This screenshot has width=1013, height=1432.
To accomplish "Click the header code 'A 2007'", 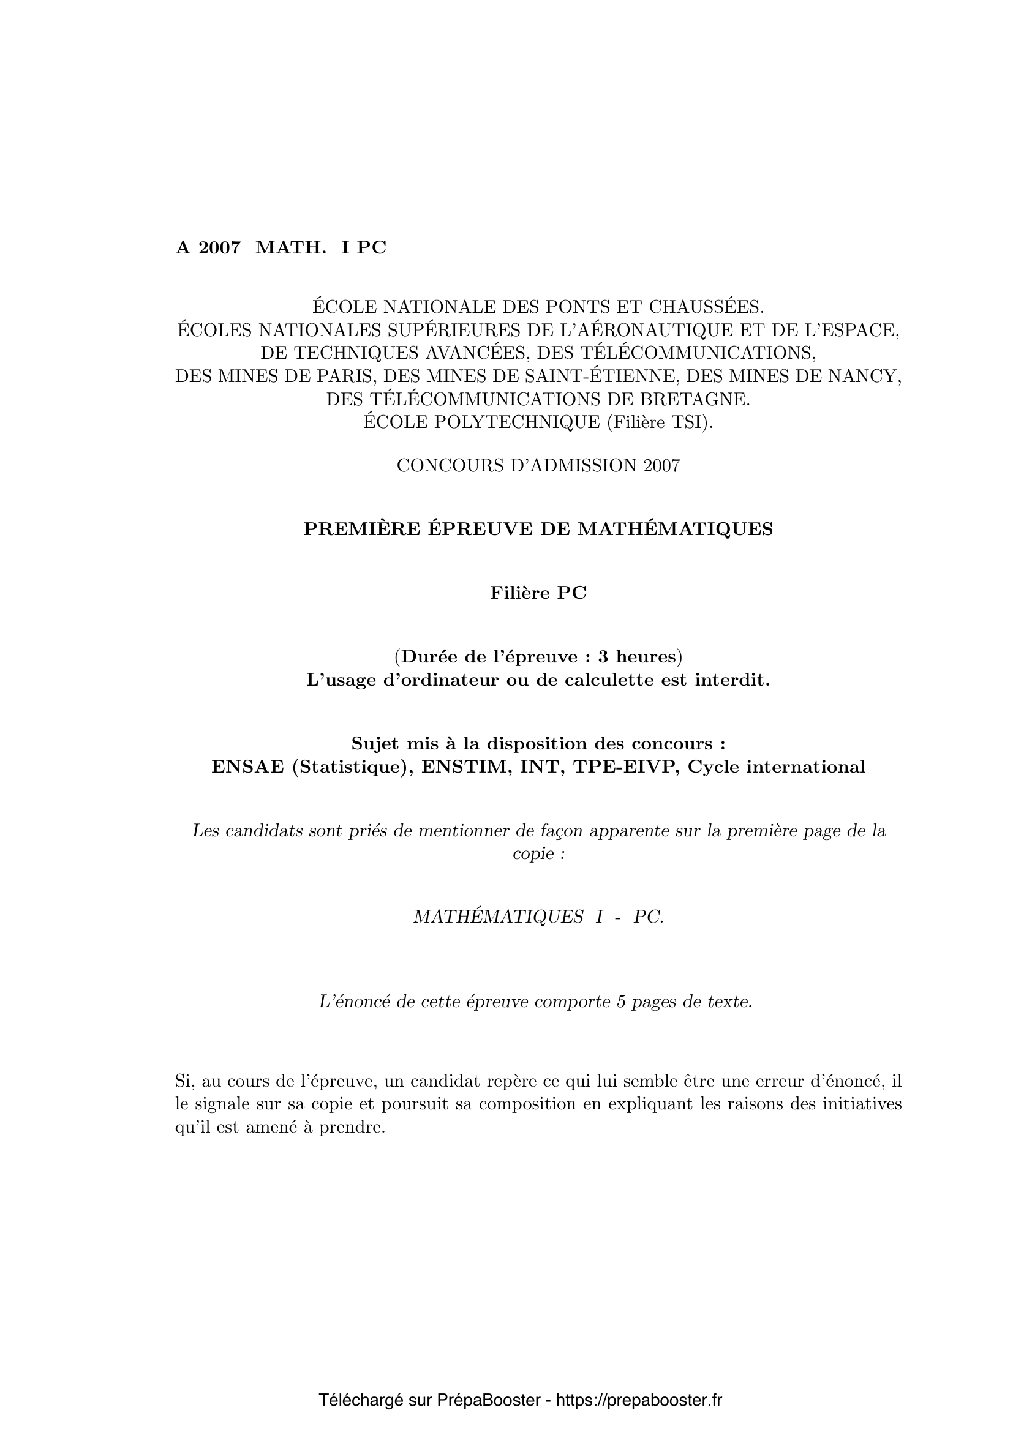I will pos(208,247).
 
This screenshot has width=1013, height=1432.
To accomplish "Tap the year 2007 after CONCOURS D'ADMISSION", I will pos(662,465).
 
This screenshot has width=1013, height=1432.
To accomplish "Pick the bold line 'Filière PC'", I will pos(538,593).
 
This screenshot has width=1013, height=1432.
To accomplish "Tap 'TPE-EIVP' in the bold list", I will pos(629,767).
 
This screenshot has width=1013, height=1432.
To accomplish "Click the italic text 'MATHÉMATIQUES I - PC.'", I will pos(538,917).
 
